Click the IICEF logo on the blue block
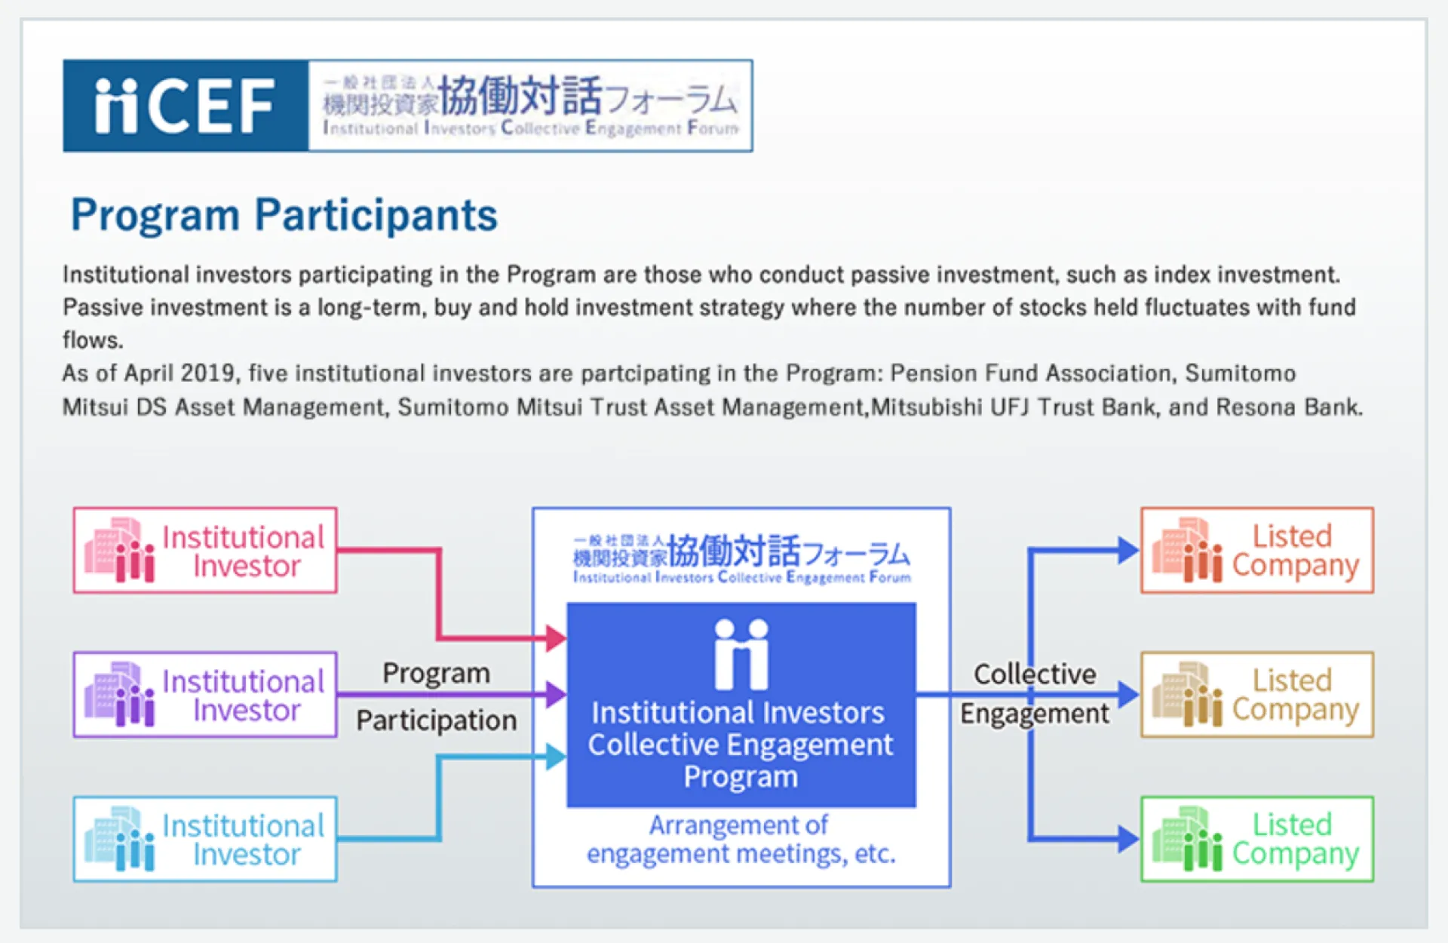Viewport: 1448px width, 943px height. coord(186,106)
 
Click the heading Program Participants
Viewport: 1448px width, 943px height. coord(284,215)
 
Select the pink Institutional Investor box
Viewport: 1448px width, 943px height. coord(205,550)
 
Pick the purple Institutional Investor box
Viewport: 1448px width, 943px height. coord(205,695)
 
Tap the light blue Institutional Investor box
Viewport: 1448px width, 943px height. coord(205,839)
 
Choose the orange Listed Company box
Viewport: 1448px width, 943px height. coord(1257,550)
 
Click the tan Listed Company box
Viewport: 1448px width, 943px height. coord(1257,695)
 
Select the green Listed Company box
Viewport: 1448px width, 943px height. coord(1257,839)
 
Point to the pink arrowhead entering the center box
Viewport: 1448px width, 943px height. coord(557,638)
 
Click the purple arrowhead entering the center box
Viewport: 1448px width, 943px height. coord(557,694)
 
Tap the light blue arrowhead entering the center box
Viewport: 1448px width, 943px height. coord(557,756)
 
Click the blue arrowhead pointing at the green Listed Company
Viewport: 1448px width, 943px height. coord(1128,839)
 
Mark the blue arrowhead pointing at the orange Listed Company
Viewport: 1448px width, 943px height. coord(1128,550)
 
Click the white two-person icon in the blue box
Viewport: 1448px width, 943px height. coord(741,654)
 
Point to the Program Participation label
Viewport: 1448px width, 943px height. coord(437,696)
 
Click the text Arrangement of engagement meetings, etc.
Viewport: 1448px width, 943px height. coord(741,839)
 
